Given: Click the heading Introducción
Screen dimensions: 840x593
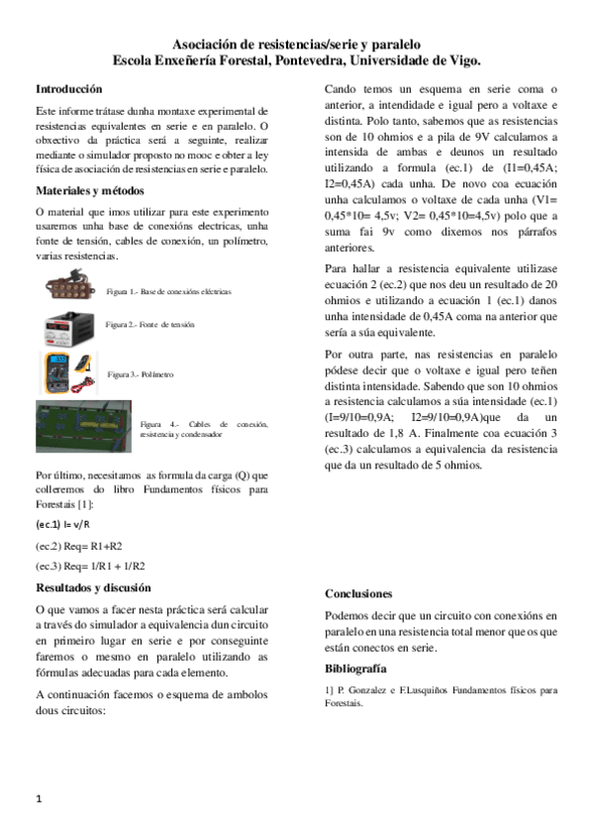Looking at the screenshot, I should [68, 88].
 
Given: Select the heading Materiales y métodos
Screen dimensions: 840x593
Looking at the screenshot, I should [90, 189].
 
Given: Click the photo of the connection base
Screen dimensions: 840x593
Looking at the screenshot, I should [74, 289].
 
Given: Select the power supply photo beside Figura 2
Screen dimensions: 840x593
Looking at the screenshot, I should [71, 325].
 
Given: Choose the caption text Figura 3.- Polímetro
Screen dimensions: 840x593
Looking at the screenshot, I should [141, 375].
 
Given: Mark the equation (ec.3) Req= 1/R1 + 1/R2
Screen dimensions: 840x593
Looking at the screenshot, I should [91, 566].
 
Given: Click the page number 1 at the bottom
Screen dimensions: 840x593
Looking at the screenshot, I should [38, 798].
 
